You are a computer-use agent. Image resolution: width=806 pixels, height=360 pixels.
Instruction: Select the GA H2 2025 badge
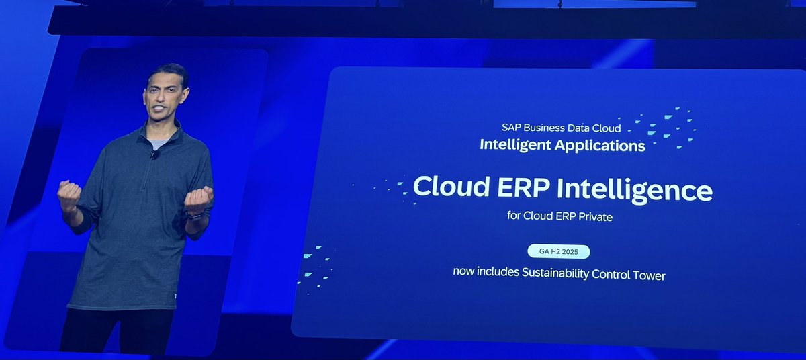[559, 252]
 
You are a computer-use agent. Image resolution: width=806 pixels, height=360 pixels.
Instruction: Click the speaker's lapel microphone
[154, 154]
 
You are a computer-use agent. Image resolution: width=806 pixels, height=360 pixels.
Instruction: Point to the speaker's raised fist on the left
[69, 195]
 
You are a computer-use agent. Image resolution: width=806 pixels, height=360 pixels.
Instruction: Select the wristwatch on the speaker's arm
[196, 217]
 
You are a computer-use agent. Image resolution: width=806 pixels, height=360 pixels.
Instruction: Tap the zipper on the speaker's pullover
[147, 181]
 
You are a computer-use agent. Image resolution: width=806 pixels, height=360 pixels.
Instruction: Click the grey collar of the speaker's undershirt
[158, 144]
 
